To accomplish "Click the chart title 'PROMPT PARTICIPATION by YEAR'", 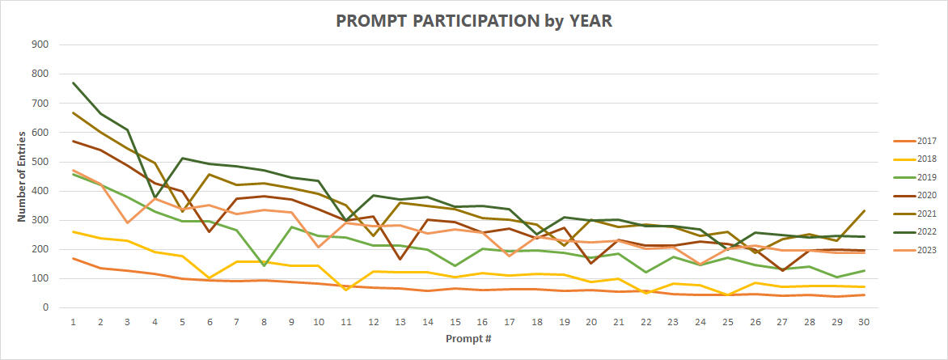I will [x=474, y=21].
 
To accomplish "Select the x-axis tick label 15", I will [x=456, y=322].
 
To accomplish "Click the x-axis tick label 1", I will [x=73, y=322].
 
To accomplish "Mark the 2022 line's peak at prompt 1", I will [x=73, y=83].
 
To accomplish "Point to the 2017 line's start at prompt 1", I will [x=73, y=258].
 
